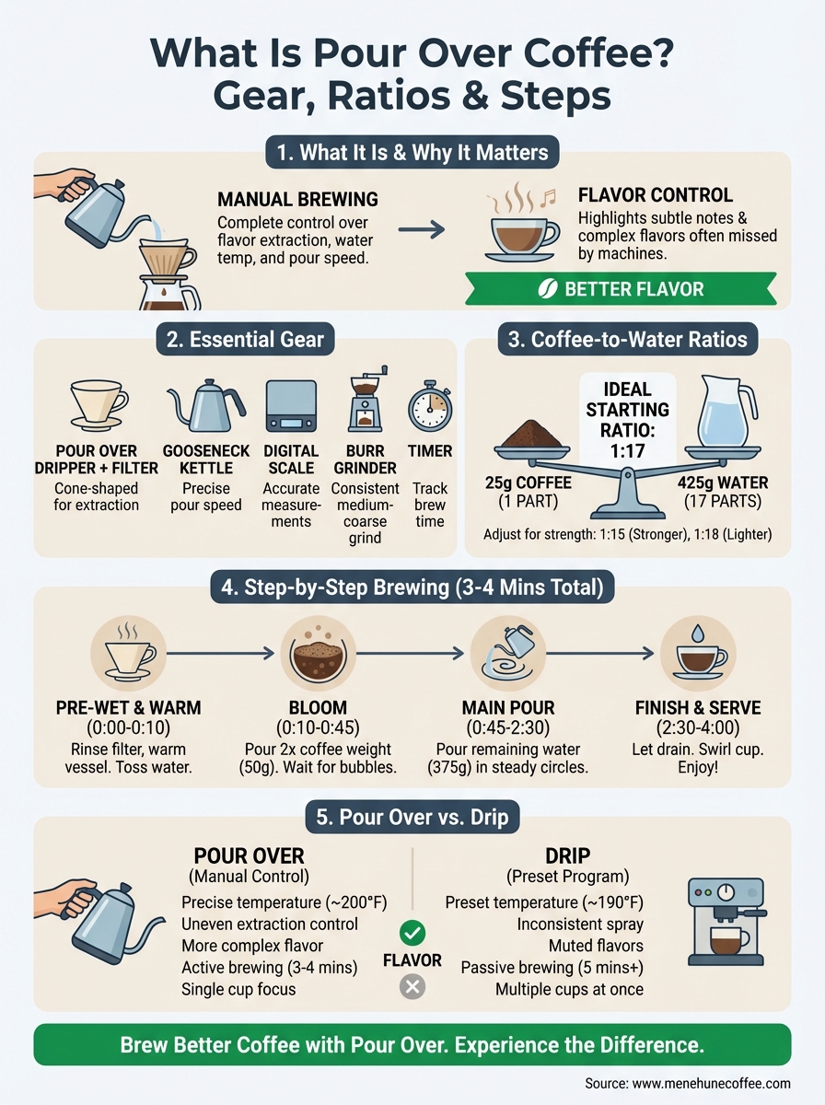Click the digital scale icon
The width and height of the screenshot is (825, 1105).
click(x=292, y=406)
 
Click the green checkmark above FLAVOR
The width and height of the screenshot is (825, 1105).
click(x=412, y=932)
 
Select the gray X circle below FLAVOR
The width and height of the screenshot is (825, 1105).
click(x=412, y=987)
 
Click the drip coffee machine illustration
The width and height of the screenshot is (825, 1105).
click(x=726, y=924)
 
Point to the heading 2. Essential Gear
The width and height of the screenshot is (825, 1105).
click(x=246, y=339)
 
